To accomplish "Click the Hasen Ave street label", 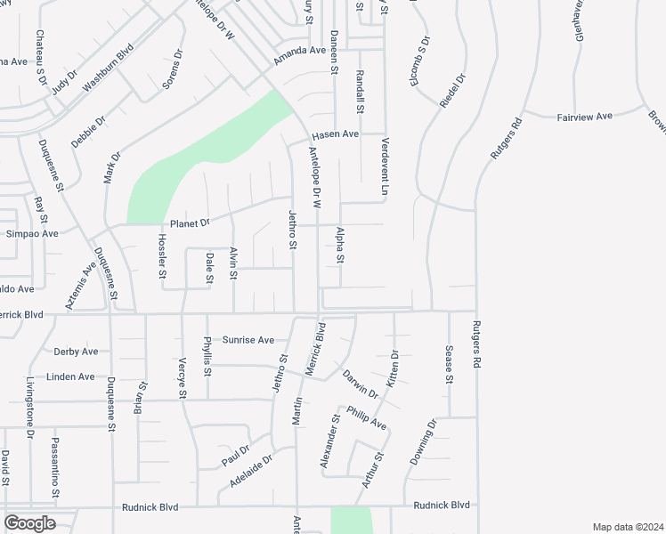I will tap(334, 134).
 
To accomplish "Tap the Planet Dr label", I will tap(189, 222).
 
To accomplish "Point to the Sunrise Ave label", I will tap(248, 340).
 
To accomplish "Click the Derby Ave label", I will tap(76, 352).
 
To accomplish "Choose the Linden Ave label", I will tap(71, 376).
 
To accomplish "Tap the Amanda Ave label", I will tap(300, 51).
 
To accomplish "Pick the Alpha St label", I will tap(340, 246).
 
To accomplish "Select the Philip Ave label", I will tap(366, 417).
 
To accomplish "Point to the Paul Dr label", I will tap(235, 457).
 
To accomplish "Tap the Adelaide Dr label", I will tap(249, 470).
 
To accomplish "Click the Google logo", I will tap(29, 523).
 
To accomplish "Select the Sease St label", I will tap(449, 365).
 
